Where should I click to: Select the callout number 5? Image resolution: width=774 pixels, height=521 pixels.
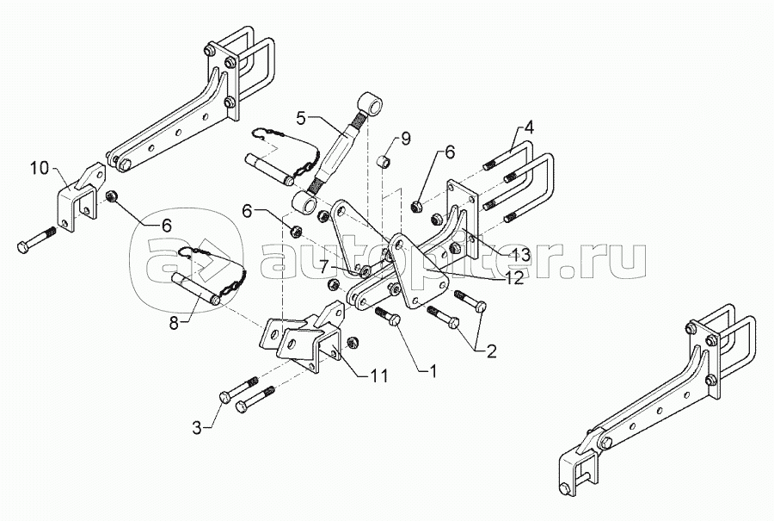point(300,116)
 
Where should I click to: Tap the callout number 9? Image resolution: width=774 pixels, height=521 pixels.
point(406,138)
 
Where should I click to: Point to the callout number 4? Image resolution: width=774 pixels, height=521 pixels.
point(529,127)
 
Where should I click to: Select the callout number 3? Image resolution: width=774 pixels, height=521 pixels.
point(197,426)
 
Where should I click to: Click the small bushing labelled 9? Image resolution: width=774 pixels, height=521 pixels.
point(387,161)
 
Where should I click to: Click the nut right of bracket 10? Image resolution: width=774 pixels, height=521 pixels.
point(113,199)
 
